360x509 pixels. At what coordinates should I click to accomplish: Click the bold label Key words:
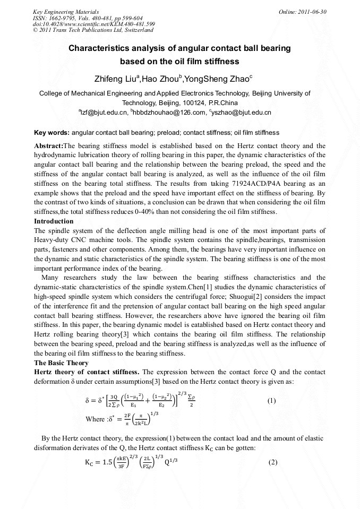click(52, 132)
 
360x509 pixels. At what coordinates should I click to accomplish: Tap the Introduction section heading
click(54, 221)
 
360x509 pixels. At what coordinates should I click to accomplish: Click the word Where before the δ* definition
click(95, 419)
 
